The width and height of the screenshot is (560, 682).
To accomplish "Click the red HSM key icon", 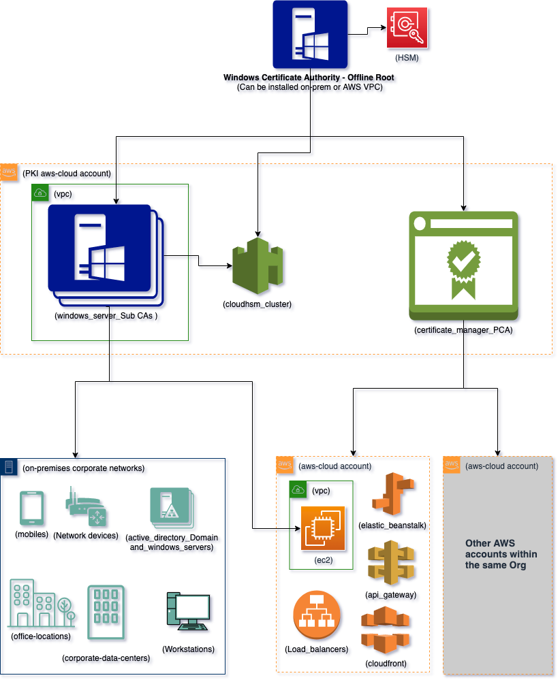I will (x=407, y=28).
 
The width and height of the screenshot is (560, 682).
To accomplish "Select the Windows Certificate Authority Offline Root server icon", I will (x=310, y=34).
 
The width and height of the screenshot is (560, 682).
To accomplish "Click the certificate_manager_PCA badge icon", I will (x=463, y=266).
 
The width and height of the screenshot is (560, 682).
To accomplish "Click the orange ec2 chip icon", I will (x=324, y=528).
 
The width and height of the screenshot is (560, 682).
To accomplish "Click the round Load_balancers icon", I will (x=316, y=615).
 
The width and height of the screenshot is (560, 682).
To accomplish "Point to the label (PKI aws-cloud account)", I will (x=67, y=174).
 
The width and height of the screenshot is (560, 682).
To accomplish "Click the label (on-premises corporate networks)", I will (x=84, y=468).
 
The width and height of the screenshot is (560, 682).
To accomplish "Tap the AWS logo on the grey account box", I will (x=452, y=466).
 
